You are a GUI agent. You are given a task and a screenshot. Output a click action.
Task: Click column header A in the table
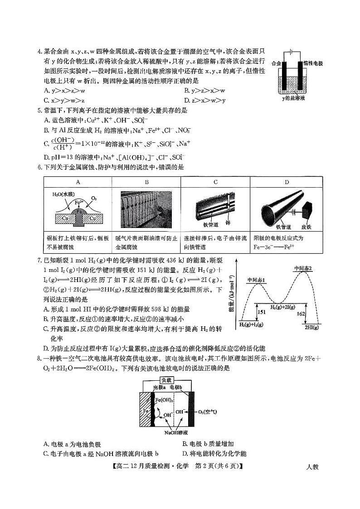(78, 182)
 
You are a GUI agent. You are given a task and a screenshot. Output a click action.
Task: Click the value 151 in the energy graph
(262, 312)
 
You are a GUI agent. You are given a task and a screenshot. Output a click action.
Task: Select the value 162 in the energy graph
(299, 313)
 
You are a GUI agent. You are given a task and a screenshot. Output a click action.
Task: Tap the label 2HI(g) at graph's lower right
(311, 327)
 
